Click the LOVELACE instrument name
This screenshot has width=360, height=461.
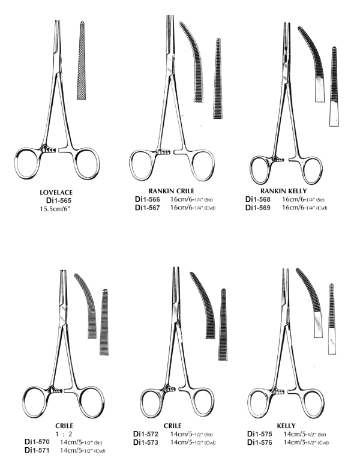click(x=56, y=193)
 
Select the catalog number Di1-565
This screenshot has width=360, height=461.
click(x=59, y=200)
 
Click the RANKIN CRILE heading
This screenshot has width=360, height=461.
click(x=172, y=191)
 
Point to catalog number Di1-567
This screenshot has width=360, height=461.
click(x=148, y=208)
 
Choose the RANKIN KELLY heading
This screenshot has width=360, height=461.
click(x=284, y=191)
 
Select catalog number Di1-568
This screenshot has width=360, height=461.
click(x=258, y=199)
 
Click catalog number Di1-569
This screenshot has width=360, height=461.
click(x=258, y=208)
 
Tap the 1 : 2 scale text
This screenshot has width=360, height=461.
click(x=64, y=433)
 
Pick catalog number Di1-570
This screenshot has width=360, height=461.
click(x=37, y=442)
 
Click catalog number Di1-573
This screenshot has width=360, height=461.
click(x=146, y=442)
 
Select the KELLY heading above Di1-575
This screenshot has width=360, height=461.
click(x=286, y=426)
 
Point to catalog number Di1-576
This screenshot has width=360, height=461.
click(x=260, y=442)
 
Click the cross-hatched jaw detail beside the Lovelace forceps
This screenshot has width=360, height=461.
click(x=82, y=60)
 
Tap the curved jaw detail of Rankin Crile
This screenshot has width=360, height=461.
click(x=194, y=59)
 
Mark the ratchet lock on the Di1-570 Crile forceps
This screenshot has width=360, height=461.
click(x=56, y=390)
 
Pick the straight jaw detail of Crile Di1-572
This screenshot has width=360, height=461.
click(x=223, y=324)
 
